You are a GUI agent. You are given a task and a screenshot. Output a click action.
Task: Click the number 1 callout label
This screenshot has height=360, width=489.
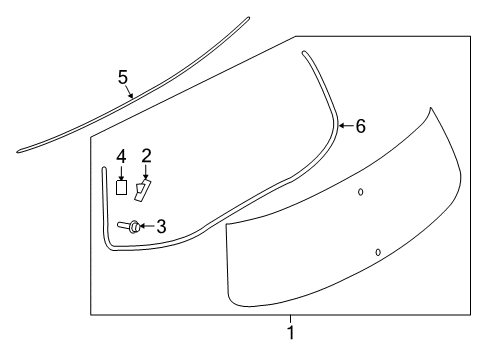click(x=291, y=332)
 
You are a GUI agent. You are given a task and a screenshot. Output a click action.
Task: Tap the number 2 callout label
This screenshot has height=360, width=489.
click(x=146, y=155)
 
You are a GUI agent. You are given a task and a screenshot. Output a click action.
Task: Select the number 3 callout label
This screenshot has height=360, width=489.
click(x=160, y=227)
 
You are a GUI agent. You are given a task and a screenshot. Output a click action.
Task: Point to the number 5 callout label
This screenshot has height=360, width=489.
click(x=122, y=76)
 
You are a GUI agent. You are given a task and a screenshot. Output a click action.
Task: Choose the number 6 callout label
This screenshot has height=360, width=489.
click(x=360, y=126)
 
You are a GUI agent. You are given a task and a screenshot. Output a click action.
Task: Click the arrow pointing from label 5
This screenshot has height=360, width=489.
click(x=130, y=93)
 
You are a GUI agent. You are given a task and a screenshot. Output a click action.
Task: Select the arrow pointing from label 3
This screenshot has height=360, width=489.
click(x=147, y=227)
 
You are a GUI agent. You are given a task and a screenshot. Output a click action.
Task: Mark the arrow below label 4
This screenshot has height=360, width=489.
click(x=121, y=172)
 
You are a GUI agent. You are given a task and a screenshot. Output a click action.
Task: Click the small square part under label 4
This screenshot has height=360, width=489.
click(x=121, y=186)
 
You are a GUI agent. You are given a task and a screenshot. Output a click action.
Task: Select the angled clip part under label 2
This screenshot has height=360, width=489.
click(x=143, y=190)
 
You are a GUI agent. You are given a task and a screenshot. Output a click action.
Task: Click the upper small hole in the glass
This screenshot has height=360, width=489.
click(x=361, y=191)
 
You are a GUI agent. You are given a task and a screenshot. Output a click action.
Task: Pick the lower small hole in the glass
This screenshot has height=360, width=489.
click(x=377, y=252)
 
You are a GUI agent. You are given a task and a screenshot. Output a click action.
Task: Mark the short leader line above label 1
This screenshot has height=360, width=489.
click(x=291, y=318)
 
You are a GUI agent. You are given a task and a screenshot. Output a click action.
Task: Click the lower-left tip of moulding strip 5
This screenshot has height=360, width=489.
click(x=19, y=152)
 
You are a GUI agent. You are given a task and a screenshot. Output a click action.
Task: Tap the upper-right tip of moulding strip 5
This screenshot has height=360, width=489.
click(x=248, y=17)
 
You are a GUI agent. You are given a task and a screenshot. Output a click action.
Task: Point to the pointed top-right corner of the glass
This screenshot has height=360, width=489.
click(x=431, y=108)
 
